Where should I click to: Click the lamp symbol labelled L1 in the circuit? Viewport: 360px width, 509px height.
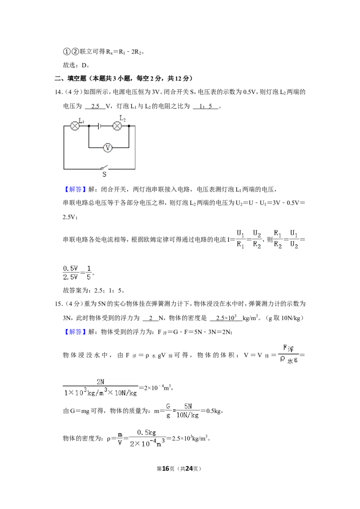coord(75,126)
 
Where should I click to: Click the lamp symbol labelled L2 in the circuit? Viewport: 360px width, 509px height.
coord(117,126)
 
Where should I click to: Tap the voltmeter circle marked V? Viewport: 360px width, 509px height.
coord(108,148)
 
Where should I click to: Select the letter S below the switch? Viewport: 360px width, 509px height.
coord(104,174)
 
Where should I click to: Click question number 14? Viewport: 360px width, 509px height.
coord(58,92)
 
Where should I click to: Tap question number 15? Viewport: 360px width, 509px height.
coord(58,304)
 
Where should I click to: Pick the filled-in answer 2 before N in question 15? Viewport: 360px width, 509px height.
coord(151,318)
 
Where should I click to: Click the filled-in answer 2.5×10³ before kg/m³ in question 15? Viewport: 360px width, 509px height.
coord(226,318)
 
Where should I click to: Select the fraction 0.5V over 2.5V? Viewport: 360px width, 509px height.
coord(71,272)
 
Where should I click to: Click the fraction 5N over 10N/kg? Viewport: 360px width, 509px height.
coord(188,411)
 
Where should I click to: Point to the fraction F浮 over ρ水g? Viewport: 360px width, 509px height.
coord(288,355)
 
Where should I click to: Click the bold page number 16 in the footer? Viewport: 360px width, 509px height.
coord(166,469)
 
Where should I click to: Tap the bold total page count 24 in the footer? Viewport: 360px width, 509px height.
coord(189,469)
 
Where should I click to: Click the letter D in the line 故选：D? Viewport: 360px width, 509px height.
coord(84,65)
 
